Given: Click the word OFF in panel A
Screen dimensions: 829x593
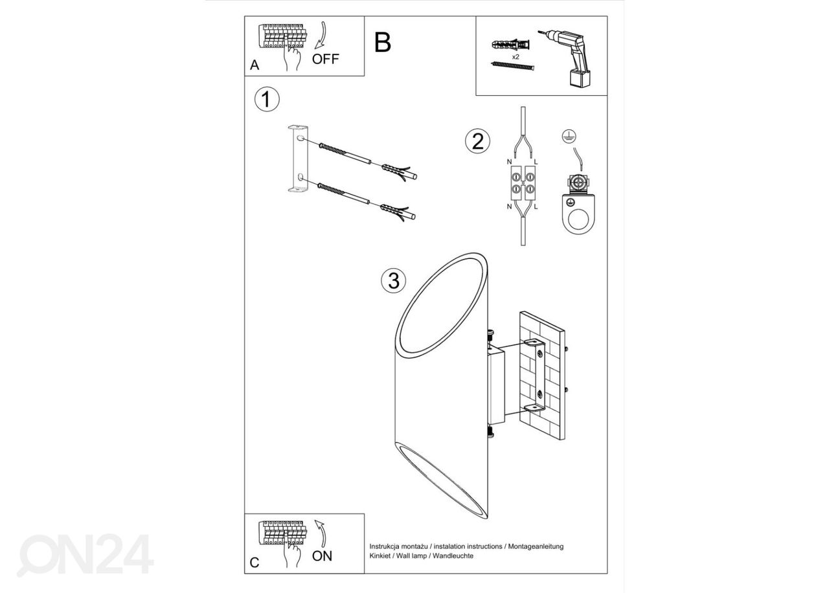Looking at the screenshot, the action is pyautogui.click(x=325, y=59).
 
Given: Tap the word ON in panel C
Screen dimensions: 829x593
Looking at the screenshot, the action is pyautogui.click(x=322, y=556).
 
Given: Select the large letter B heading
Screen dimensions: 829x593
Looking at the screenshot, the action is pyautogui.click(x=383, y=43).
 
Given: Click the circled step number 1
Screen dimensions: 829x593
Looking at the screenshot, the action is pyautogui.click(x=267, y=99).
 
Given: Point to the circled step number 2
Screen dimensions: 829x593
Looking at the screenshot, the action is pyautogui.click(x=477, y=141).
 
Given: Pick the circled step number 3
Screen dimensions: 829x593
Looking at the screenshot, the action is pyautogui.click(x=393, y=281).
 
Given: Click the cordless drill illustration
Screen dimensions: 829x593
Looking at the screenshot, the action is pyautogui.click(x=565, y=58).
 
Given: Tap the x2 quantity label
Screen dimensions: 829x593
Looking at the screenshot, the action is pyautogui.click(x=516, y=57).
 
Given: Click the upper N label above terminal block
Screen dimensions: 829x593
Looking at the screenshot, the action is pyautogui.click(x=509, y=162).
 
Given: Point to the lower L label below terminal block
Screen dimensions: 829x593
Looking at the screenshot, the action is pyautogui.click(x=536, y=207).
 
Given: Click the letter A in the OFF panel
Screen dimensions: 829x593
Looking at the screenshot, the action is pyautogui.click(x=255, y=65).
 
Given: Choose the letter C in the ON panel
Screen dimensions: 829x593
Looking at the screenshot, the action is pyautogui.click(x=255, y=563).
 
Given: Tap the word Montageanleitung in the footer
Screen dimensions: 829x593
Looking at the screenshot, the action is pyautogui.click(x=536, y=546).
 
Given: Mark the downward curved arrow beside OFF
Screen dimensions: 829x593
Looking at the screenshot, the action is pyautogui.click(x=321, y=35).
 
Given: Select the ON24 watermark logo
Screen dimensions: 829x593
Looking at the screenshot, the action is pyautogui.click(x=85, y=555).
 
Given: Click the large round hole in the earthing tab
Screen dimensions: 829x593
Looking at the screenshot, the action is pyautogui.click(x=578, y=219).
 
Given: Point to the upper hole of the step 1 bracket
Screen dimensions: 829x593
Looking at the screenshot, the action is pyautogui.click(x=301, y=139).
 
